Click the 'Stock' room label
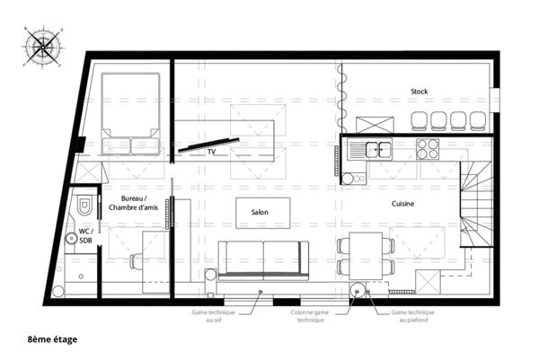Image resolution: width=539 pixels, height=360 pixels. point(419,92)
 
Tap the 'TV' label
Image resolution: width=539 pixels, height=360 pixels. point(212,154)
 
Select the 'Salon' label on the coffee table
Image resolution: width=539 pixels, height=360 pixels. point(259,212)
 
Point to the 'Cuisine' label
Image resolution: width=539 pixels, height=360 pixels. point(402,204)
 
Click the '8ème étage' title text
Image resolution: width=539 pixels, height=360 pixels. point(52,339)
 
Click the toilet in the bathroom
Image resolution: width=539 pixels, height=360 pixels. point(84,206)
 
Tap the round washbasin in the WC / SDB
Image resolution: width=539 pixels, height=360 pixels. point(70,239)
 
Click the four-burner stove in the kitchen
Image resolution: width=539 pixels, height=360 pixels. point(426,150)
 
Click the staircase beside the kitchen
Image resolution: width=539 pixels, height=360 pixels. point(476,207)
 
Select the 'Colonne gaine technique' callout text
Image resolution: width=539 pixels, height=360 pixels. point(305,315)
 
